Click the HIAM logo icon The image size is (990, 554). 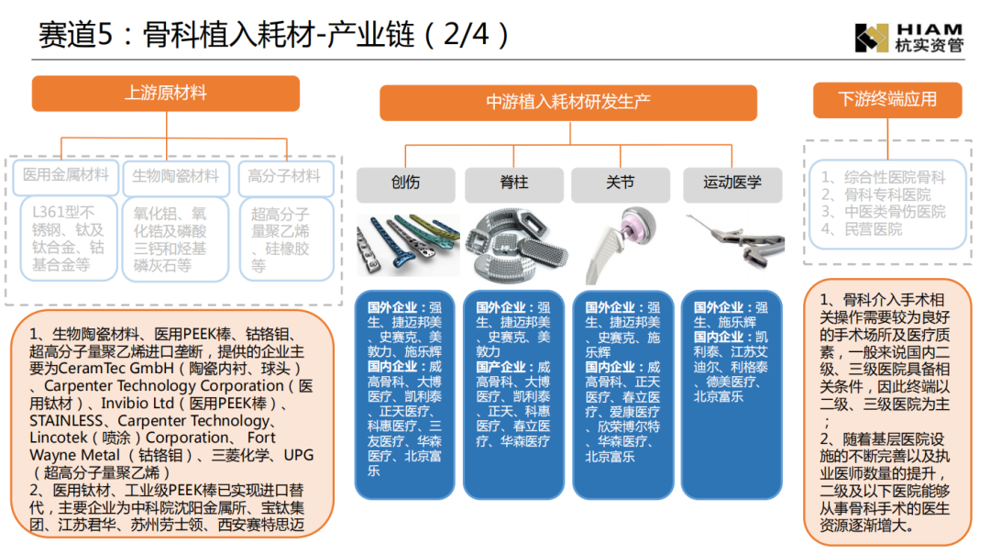872,38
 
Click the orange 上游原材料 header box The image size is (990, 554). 165,94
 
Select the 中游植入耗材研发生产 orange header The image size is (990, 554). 568,103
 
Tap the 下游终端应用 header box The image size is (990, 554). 887,100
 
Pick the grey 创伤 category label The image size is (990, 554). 405,183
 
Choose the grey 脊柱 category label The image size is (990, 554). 514,183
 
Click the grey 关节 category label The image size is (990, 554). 620,183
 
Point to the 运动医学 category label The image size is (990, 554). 732,183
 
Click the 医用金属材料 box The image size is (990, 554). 66,176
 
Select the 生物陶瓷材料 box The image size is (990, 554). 175,177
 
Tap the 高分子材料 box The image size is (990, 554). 285,177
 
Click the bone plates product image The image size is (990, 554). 408,245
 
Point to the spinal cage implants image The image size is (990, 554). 516,245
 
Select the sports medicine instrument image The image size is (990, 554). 735,240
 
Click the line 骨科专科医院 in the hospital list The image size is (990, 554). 875,194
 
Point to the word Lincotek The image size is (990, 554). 59,438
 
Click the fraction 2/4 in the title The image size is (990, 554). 466,34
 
